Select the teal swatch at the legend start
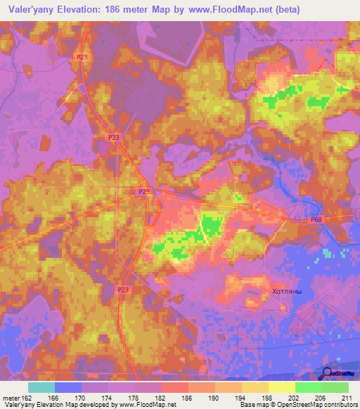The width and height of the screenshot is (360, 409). (x=41, y=387)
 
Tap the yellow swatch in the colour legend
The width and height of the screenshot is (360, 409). (x=281, y=387)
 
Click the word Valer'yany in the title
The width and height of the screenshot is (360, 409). (x=30, y=9)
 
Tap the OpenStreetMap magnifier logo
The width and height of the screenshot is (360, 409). (x=328, y=372)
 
